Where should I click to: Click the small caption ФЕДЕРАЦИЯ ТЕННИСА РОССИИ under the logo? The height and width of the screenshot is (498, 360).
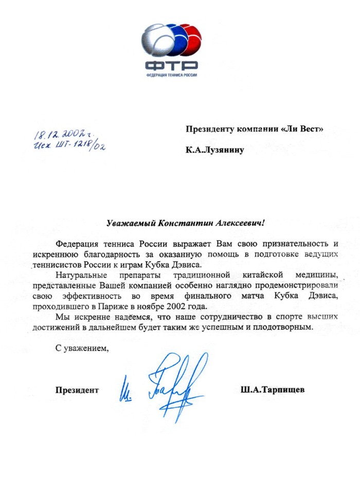[x=171, y=75]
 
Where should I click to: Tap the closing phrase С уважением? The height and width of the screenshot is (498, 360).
[x=83, y=349]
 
